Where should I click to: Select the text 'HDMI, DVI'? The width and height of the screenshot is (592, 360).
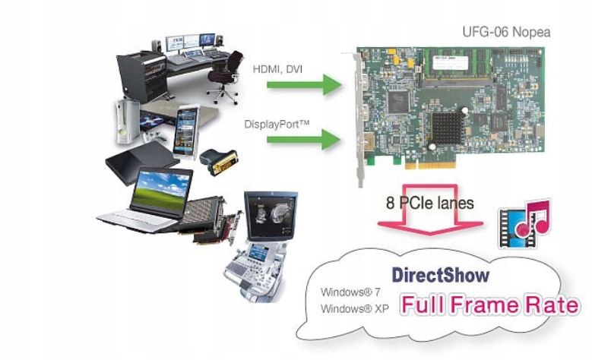tap(277, 69)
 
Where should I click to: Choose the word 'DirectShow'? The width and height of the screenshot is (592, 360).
tap(440, 274)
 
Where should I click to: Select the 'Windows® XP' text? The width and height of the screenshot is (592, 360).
tap(351, 308)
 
